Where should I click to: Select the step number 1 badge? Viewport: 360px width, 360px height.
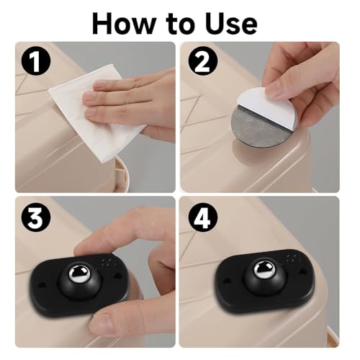coord(35,60)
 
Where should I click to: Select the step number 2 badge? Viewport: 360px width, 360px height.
coord(199,60)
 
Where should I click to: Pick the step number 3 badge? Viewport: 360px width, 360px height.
coord(35,216)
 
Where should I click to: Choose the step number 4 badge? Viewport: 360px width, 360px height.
coord(199,216)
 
